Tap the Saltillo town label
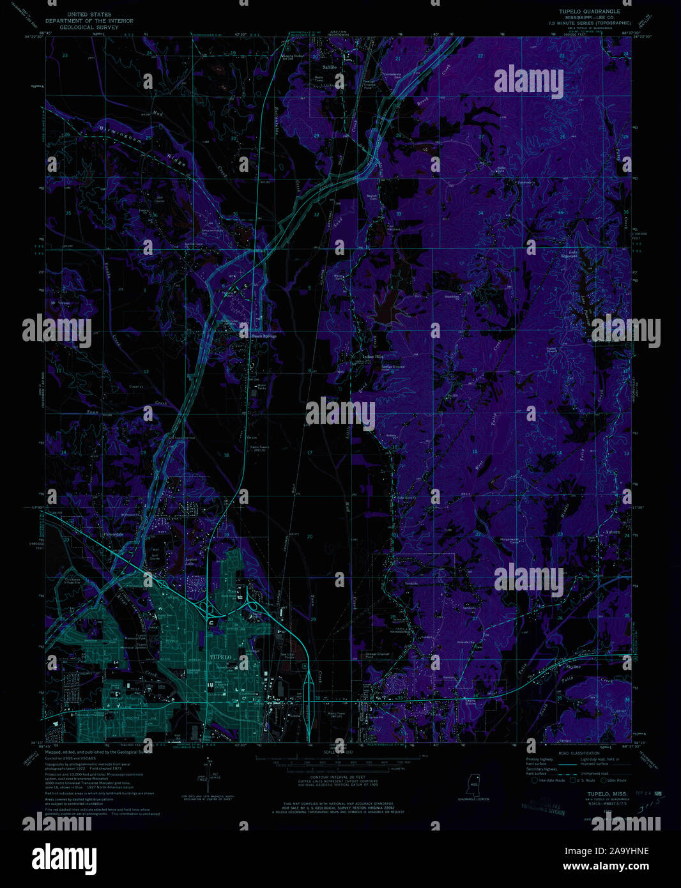[x=330, y=66]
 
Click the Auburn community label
[x=613, y=532]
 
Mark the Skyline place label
[x=573, y=666]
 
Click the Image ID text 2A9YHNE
[x=623, y=851]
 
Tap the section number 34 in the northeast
[x=480, y=213]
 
